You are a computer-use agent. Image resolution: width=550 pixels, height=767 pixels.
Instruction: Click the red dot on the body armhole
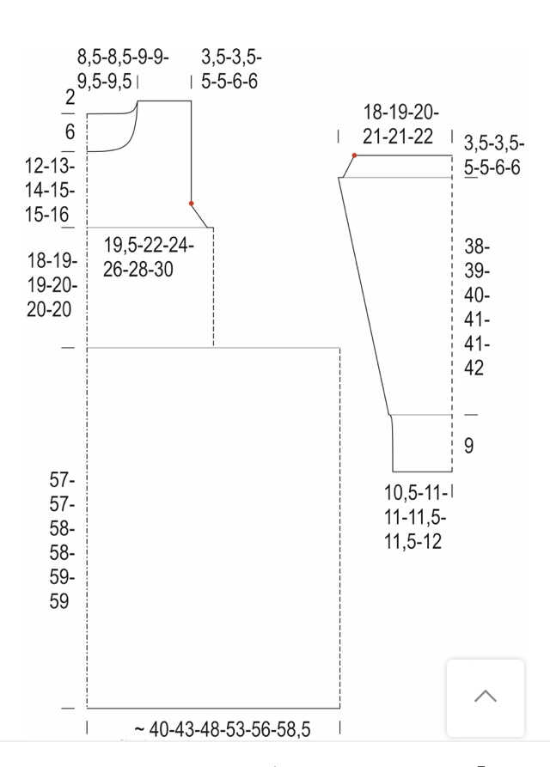tap(192, 204)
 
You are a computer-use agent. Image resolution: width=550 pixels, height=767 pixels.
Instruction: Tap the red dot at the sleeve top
tap(354, 155)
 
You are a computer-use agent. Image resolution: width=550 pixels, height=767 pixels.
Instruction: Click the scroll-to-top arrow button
tap(486, 697)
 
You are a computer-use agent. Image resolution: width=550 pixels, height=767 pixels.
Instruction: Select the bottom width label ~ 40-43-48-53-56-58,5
tap(223, 729)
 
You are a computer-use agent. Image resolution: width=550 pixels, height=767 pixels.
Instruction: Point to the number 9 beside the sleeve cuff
tap(468, 446)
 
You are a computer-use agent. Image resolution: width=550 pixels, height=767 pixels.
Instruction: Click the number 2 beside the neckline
tap(70, 97)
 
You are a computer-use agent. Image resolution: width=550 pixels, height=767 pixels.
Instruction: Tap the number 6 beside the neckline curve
tap(70, 132)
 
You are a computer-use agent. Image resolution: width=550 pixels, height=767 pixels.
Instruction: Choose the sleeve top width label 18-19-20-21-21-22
tap(400, 125)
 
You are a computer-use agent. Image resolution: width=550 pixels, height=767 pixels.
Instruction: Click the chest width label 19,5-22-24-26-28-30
tap(149, 258)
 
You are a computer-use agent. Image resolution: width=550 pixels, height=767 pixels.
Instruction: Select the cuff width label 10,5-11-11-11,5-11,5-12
tap(415, 517)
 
